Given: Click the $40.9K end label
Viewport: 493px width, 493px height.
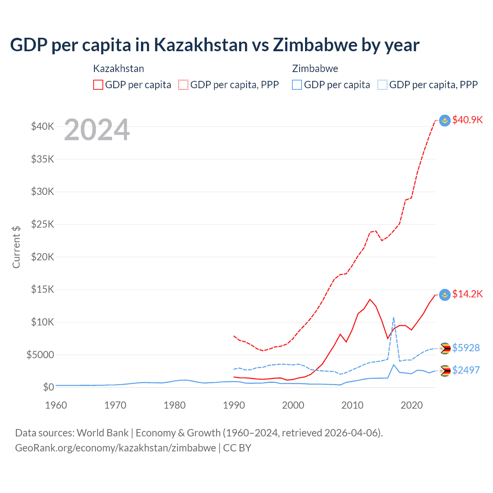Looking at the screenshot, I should (467, 120).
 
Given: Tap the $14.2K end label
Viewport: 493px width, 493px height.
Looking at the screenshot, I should (467, 294).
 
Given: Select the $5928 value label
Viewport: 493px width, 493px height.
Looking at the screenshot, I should (466, 348).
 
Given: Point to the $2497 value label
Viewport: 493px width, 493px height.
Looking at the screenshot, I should (466, 370).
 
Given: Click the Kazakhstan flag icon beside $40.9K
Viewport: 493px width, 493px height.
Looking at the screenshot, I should (445, 121).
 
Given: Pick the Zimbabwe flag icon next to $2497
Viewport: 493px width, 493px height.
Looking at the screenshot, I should (445, 371).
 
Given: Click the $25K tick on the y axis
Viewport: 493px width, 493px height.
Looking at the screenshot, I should (42, 224).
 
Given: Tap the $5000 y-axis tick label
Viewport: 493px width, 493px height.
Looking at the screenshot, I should (40, 355).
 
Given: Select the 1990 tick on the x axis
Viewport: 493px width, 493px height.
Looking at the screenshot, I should (234, 405).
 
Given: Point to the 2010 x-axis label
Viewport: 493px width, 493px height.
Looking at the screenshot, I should (352, 405).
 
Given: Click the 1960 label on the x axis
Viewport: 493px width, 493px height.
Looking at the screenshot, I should (56, 405).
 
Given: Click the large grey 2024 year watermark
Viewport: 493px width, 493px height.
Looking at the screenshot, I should (97, 130).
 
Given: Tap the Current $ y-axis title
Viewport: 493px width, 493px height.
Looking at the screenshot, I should (16, 247).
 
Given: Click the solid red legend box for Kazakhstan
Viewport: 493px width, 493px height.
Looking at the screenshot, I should (98, 85).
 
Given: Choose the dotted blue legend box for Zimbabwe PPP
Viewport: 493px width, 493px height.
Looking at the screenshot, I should (382, 85).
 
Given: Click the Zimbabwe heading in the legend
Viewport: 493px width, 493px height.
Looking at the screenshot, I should (315, 69).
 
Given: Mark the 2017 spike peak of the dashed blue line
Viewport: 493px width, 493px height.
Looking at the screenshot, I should (394, 317).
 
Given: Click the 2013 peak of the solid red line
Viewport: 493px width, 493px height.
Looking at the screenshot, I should (370, 299).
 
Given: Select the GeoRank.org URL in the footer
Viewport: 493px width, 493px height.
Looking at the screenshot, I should (116, 448).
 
